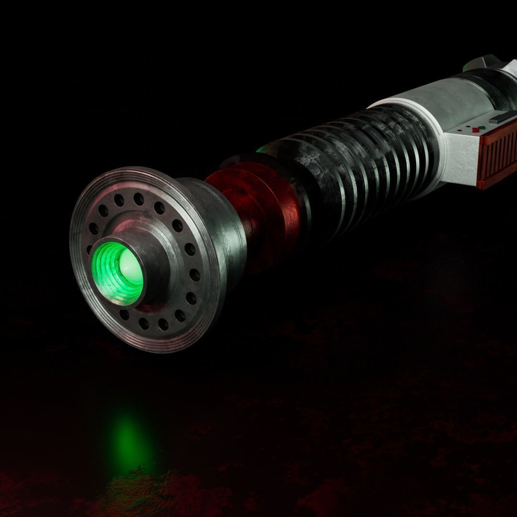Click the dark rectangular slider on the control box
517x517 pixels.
click(499, 118)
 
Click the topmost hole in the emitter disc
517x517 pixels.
click(138, 197)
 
